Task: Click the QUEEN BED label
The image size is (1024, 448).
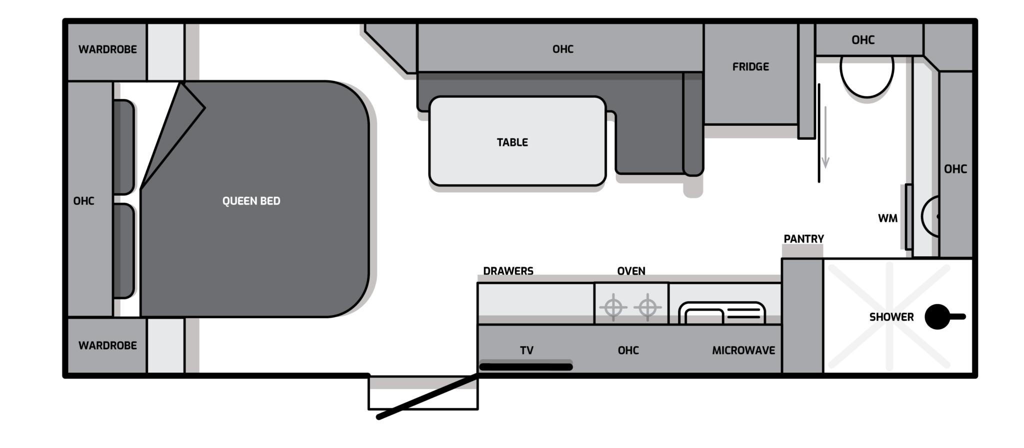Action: pyautogui.click(x=251, y=201)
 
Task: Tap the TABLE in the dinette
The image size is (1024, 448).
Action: pyautogui.click(x=517, y=141)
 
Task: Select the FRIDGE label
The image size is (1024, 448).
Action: pyautogui.click(x=750, y=66)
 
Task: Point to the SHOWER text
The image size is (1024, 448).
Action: pyautogui.click(x=891, y=317)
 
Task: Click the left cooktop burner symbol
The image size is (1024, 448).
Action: pyautogui.click(x=613, y=307)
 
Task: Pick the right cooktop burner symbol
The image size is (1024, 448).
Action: pyautogui.click(x=647, y=307)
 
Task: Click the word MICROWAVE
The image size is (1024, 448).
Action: pyautogui.click(x=743, y=350)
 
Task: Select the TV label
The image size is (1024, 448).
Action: pyautogui.click(x=526, y=351)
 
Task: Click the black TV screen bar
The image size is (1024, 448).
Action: pyautogui.click(x=526, y=367)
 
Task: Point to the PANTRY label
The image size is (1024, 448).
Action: pyautogui.click(x=803, y=239)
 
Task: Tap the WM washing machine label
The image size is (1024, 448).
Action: pyautogui.click(x=887, y=218)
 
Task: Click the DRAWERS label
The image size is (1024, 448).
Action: pyautogui.click(x=508, y=271)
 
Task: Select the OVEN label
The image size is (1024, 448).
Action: pyautogui.click(x=631, y=271)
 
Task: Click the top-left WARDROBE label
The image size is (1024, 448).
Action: pyautogui.click(x=107, y=49)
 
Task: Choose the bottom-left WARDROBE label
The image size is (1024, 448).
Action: pyautogui.click(x=107, y=345)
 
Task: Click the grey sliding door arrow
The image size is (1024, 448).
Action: pyautogui.click(x=825, y=137)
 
